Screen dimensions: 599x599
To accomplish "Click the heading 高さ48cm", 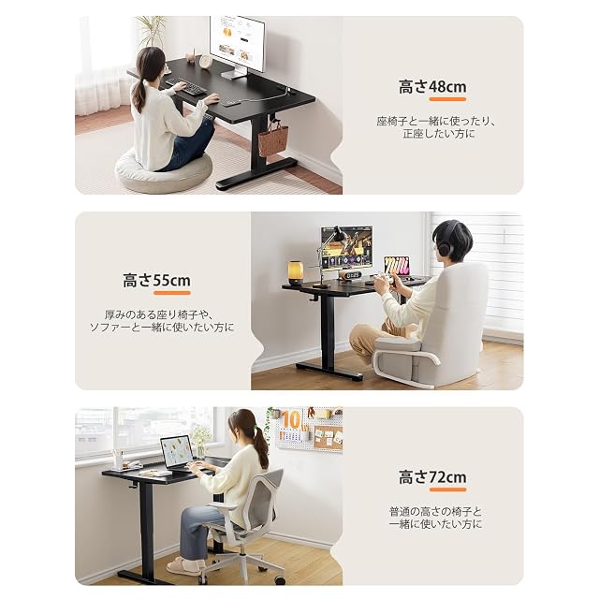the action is click(432, 87).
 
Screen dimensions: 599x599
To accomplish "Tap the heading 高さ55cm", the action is click(156, 281).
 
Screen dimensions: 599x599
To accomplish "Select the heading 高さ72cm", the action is click(432, 477).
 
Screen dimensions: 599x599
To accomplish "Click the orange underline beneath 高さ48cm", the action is click(447, 99).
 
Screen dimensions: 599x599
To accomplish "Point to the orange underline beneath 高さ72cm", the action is click(447, 489).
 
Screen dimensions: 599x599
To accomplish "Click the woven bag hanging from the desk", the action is click(273, 139).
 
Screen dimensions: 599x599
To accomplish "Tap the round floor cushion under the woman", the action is click(163, 171).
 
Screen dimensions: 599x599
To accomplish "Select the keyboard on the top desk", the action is click(186, 86).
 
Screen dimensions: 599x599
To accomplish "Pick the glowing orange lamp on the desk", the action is click(295, 272).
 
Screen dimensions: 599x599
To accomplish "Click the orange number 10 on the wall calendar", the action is click(292, 420).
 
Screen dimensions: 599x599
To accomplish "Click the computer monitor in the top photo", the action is click(237, 46).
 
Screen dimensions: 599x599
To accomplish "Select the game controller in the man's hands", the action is click(383, 278).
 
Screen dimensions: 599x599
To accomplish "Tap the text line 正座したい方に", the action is click(439, 134).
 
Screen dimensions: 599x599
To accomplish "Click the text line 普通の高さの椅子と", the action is click(435, 512).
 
